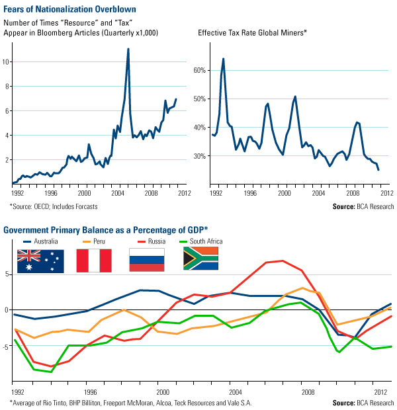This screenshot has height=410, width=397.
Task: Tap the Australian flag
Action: [40, 261]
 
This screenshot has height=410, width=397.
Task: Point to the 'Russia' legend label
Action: [154, 241]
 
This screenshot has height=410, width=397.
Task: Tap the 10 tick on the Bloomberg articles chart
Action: [8, 61]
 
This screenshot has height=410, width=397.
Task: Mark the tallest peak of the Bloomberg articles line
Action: [128, 49]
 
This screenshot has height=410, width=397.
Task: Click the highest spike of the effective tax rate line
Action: [223, 59]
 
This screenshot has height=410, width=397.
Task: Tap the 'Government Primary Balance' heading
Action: [105, 229]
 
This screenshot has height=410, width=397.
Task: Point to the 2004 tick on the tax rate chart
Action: [318, 194]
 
